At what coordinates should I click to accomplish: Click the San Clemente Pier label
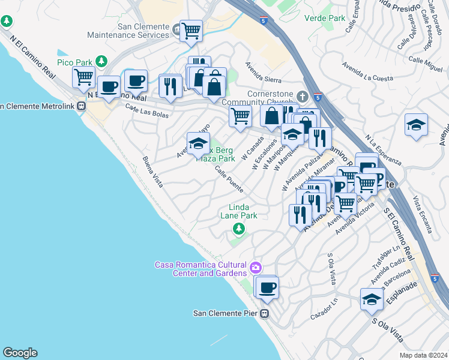225,313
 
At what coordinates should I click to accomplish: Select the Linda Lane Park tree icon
239,228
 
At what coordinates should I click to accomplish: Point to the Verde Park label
325,18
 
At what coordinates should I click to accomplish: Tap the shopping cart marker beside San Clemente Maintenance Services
191,30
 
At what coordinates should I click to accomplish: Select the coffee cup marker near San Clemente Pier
267,287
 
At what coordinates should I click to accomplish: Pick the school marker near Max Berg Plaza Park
198,143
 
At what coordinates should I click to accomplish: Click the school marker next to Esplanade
372,299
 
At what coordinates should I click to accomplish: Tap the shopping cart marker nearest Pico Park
83,76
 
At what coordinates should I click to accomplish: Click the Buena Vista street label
153,172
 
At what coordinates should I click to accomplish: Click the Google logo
20,353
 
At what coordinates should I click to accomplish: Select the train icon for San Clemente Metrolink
82,106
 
